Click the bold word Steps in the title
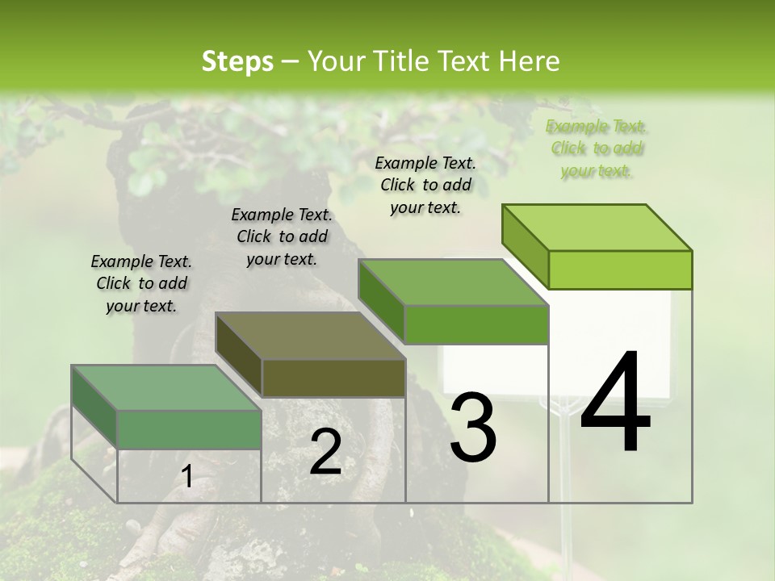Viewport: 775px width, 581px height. tap(237, 61)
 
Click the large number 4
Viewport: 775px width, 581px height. tap(615, 403)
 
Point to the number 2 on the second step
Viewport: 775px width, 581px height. tap(325, 452)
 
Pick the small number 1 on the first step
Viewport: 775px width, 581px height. tap(186, 477)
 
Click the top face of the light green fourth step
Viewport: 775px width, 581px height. tap(596, 228)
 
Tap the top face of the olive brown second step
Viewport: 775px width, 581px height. tap(311, 336)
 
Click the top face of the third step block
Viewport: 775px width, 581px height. tap(454, 282)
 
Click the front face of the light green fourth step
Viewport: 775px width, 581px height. tap(620, 270)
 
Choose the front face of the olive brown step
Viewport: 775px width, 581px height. tap(333, 378)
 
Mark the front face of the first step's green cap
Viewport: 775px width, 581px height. tap(190, 429)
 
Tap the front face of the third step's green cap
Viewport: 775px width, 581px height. tap(476, 324)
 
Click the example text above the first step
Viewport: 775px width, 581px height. tap(141, 283)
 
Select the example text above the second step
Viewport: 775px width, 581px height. tap(282, 236)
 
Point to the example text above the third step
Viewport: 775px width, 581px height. tap(425, 185)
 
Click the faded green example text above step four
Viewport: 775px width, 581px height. tap(596, 148)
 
